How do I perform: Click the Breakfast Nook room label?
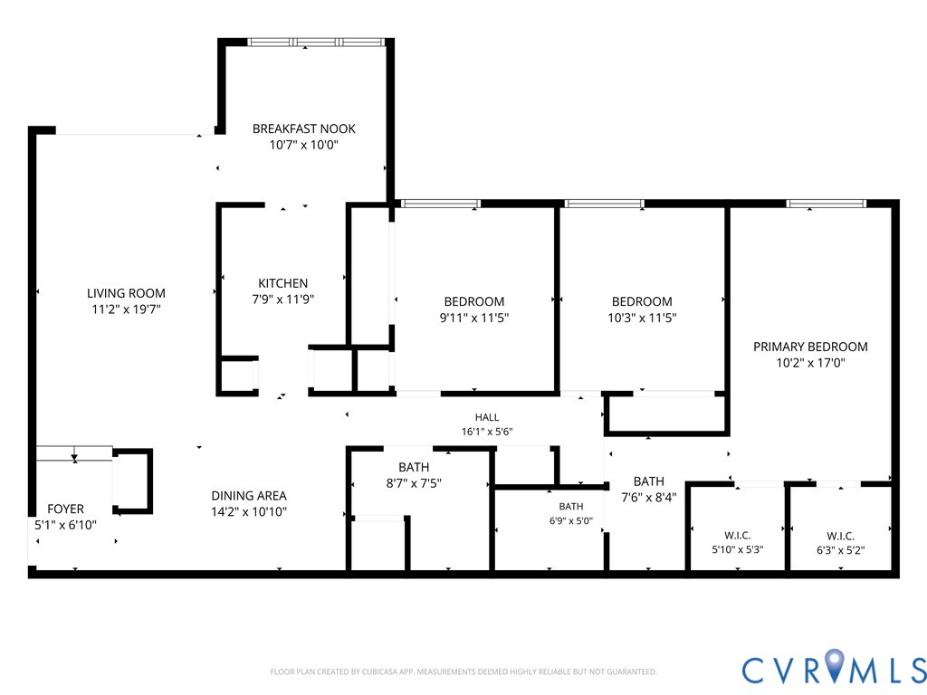pyautogui.click(x=304, y=129)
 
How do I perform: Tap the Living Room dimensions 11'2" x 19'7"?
pyautogui.click(x=126, y=309)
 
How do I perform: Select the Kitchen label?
pyautogui.click(x=282, y=283)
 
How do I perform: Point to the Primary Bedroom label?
pyautogui.click(x=810, y=347)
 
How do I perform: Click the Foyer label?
pyautogui.click(x=65, y=509)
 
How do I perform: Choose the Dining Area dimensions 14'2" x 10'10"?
pyautogui.click(x=249, y=512)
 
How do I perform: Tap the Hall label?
pyautogui.click(x=486, y=417)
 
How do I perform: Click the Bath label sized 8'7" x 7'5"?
pyautogui.click(x=414, y=468)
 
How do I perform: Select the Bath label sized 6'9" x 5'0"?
pyautogui.click(x=571, y=507)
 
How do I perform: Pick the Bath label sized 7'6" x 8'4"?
pyautogui.click(x=648, y=481)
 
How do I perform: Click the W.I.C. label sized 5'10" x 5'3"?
pyautogui.click(x=738, y=536)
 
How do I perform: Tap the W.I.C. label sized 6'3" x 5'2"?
pyautogui.click(x=840, y=536)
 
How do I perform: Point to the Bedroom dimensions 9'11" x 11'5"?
pyautogui.click(x=474, y=318)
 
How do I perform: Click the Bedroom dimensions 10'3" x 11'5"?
pyautogui.click(x=642, y=318)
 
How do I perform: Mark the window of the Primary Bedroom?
pyautogui.click(x=826, y=204)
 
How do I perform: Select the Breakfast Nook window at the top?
pyautogui.click(x=316, y=42)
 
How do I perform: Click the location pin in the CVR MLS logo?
pyautogui.click(x=834, y=665)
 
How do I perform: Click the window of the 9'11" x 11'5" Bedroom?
pyautogui.click(x=441, y=204)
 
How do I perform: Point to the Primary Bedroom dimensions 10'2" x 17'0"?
pyautogui.click(x=810, y=363)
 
